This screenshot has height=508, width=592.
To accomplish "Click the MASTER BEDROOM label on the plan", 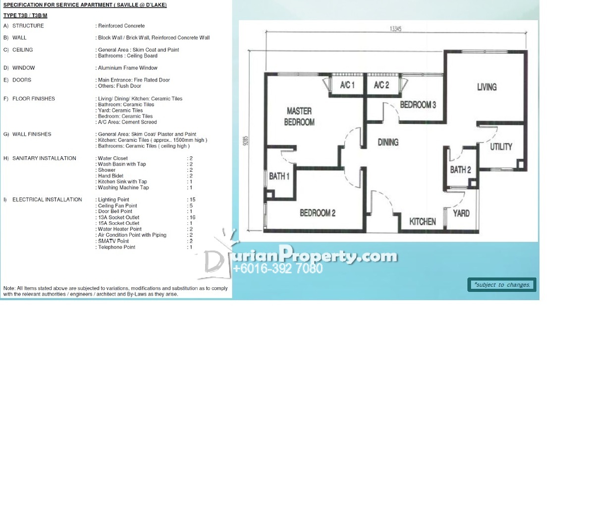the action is [299, 117].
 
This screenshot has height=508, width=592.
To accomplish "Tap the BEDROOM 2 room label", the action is [318, 213].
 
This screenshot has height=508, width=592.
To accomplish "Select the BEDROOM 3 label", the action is [418, 105].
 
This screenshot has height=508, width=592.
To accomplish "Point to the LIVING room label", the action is [486, 87].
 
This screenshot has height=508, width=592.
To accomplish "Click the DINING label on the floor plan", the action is [388, 142].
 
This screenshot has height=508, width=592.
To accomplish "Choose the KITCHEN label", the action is [423, 221].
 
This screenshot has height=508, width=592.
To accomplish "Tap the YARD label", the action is [461, 213].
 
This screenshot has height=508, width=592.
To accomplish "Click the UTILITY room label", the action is [501, 147].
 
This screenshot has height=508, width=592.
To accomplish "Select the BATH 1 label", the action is [279, 176].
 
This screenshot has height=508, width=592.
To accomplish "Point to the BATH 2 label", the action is [460, 170].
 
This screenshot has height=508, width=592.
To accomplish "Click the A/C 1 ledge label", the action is [347, 85].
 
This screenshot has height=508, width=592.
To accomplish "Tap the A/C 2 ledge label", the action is [381, 85].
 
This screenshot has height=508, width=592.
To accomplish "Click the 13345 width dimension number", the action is [396, 29].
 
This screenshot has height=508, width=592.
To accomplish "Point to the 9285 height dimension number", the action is [245, 141].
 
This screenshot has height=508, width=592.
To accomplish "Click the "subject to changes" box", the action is [502, 285].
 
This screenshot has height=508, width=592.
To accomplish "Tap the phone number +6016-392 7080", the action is [278, 268].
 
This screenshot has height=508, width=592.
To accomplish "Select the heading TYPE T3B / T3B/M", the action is [25, 15].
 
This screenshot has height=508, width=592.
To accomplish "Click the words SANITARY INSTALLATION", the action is [44, 158].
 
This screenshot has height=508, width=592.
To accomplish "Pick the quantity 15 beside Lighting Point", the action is [192, 199].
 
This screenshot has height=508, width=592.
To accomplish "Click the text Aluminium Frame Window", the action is [128, 68].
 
